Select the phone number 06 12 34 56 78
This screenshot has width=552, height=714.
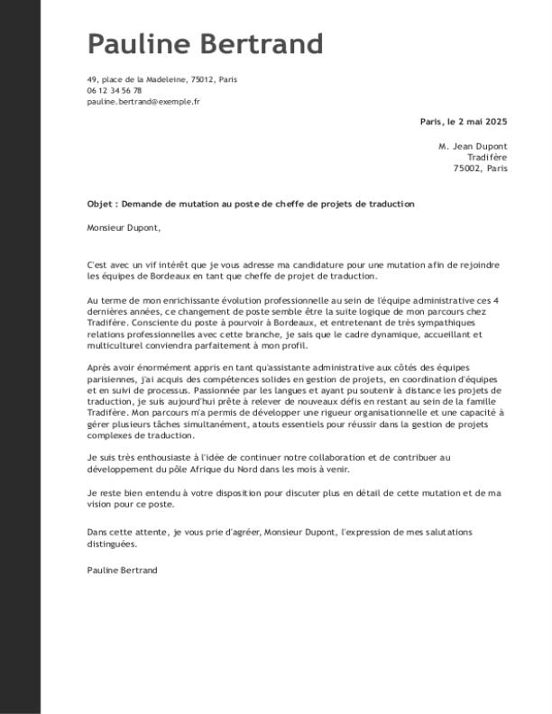115,91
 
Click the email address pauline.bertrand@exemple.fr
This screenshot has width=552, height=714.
143,103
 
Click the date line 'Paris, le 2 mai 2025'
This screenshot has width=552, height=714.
464,123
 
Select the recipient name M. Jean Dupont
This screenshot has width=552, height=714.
473,146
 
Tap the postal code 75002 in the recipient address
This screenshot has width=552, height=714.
469,169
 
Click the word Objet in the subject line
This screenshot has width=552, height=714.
99,205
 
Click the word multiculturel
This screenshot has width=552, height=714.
117,345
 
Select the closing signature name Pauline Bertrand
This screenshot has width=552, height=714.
122,571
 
